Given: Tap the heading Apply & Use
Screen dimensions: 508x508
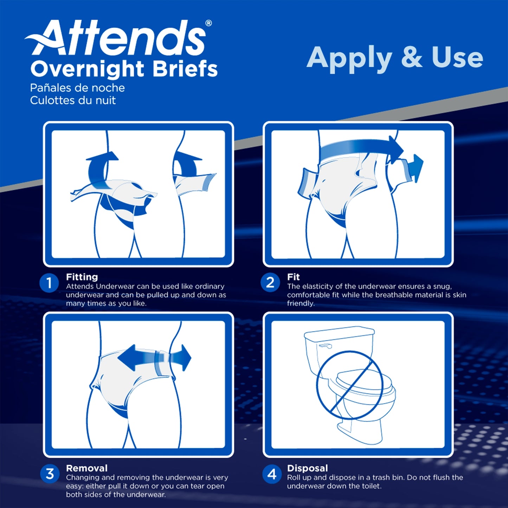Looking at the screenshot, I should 394,57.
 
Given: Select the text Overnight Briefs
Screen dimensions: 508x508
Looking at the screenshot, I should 124,69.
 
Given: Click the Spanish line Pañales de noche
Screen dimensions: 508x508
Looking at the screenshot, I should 77,88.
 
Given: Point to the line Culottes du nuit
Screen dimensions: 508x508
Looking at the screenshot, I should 73,101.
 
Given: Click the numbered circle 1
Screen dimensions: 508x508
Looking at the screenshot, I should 49,283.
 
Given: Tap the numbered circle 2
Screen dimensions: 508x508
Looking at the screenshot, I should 270,283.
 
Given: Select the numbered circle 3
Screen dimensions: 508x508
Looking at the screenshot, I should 50,474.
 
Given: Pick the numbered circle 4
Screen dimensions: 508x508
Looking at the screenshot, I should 272,474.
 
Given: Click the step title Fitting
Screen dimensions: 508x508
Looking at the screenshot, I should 82,277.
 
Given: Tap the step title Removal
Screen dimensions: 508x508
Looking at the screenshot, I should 86,468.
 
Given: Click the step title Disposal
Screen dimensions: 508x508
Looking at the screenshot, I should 307,468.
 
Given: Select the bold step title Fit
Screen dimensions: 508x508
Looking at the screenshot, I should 293,277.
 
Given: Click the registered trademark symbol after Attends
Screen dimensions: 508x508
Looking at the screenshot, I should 208,23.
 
